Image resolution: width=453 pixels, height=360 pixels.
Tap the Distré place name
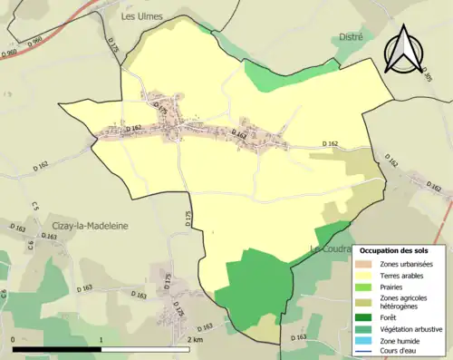click(x=350, y=37)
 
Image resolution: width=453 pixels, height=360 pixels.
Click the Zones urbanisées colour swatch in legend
click(x=367, y=264)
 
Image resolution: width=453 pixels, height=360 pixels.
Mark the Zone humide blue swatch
click(x=367, y=341)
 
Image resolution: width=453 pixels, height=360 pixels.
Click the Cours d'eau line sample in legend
click(x=367, y=352)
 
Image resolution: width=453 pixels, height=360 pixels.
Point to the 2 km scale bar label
click(x=195, y=339)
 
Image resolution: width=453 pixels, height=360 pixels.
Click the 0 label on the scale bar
click(x=13, y=339)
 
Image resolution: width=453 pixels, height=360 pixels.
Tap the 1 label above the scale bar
click(x=101, y=339)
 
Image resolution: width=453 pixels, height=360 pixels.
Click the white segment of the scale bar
click(x=144, y=348)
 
